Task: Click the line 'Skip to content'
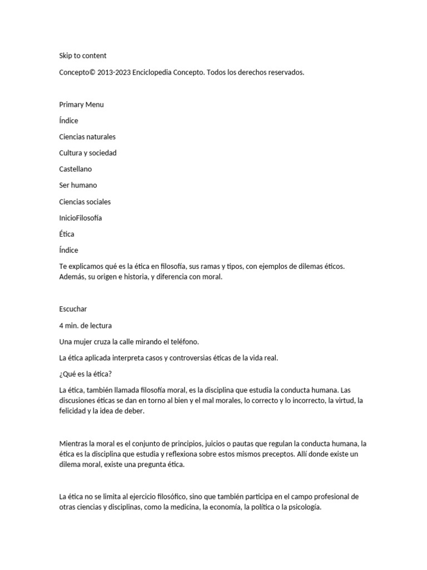83,56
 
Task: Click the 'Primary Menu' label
81,105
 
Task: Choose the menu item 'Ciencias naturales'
87,137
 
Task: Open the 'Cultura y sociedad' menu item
88,153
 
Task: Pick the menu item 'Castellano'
76,169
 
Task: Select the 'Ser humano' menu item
78,185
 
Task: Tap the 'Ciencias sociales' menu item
85,202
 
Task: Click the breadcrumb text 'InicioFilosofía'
81,218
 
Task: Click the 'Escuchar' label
73,309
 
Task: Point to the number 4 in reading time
61,326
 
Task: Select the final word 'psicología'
304,508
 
